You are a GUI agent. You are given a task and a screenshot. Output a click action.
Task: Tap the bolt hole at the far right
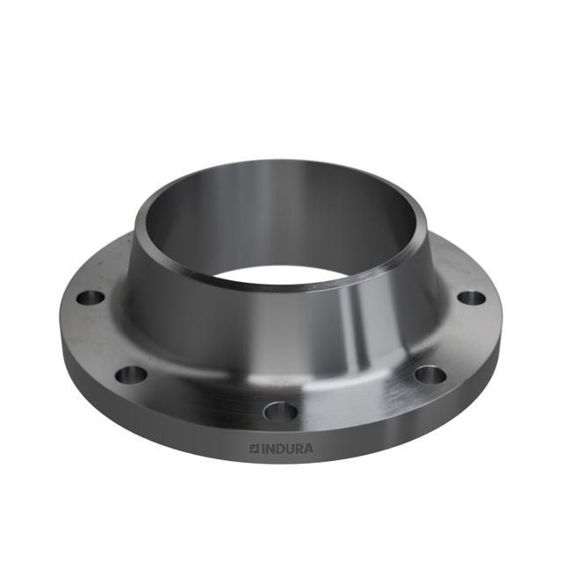pyautogui.click(x=472, y=298)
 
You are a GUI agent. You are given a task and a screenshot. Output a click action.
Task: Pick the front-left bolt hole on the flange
pyautogui.click(x=132, y=374)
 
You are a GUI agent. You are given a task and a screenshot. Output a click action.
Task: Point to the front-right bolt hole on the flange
pyautogui.click(x=430, y=375)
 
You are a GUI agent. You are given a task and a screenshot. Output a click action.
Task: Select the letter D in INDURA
pyautogui.click(x=278, y=449)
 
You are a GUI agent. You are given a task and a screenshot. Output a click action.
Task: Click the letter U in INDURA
pyautogui.click(x=288, y=449)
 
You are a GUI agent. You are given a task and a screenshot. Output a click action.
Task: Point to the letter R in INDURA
pyautogui.click(x=298, y=449)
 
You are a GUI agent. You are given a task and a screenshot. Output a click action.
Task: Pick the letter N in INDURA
pyautogui.click(x=269, y=449)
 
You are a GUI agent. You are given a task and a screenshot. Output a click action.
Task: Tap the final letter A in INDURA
pyautogui.click(x=307, y=449)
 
